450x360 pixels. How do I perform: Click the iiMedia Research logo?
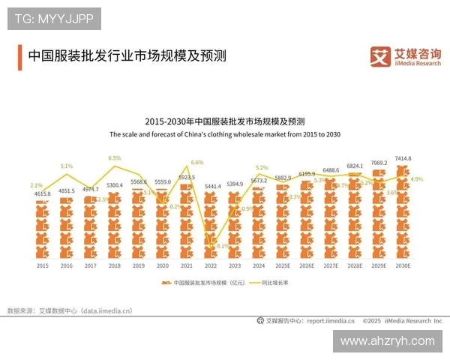tap(406, 56)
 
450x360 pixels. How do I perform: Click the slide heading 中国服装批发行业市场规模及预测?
tap(127, 56)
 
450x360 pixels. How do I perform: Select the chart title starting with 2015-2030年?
tap(224, 121)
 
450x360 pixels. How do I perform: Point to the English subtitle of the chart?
tap(225, 134)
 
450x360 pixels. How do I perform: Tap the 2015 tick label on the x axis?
tap(43, 265)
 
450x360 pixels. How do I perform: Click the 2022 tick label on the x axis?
tap(212, 265)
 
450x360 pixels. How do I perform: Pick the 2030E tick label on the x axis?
tap(404, 265)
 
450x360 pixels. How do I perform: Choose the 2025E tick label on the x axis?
tap(283, 265)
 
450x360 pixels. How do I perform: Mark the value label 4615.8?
tap(43, 194)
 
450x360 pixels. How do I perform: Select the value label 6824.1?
tap(355, 166)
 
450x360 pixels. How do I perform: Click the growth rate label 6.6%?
tap(197, 162)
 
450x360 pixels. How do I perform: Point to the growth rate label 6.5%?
tap(115, 158)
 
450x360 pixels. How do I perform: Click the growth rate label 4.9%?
tap(417, 179)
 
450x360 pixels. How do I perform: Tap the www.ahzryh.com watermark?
tap(387, 340)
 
